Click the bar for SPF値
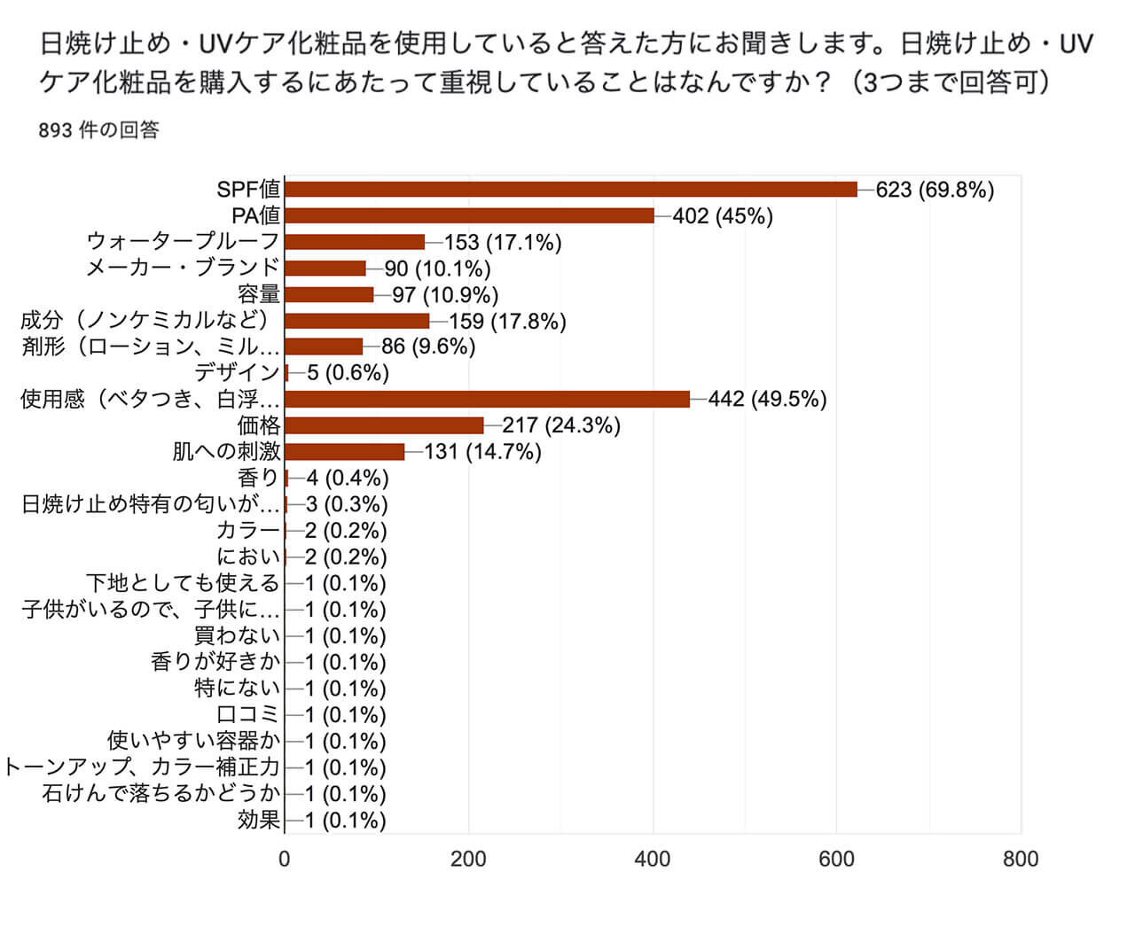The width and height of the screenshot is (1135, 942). point(571,190)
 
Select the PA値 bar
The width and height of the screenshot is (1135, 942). point(469,215)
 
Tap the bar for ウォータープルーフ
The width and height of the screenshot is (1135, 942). point(355,242)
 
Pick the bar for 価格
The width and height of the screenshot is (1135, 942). point(384,425)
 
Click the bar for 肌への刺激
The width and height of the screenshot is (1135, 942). point(344,452)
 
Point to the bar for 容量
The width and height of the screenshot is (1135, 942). point(329,294)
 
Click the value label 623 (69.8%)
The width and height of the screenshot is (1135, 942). point(935,190)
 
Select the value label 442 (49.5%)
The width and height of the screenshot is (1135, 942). point(767,400)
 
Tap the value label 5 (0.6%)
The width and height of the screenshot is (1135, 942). point(348,373)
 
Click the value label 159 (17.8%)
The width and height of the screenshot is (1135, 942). point(507,321)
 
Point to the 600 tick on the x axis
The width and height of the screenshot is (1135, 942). point(837,859)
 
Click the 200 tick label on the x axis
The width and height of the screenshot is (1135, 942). point(468,859)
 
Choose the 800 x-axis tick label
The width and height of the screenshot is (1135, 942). point(1021,859)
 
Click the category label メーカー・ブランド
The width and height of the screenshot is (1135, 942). point(183,268)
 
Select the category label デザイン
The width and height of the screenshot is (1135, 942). point(237,373)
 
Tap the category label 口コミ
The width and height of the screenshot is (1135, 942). point(248,714)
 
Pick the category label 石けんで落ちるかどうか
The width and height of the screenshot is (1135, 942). point(160,793)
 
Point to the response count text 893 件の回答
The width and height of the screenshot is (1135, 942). point(99,130)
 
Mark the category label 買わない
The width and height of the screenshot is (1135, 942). point(237,635)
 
